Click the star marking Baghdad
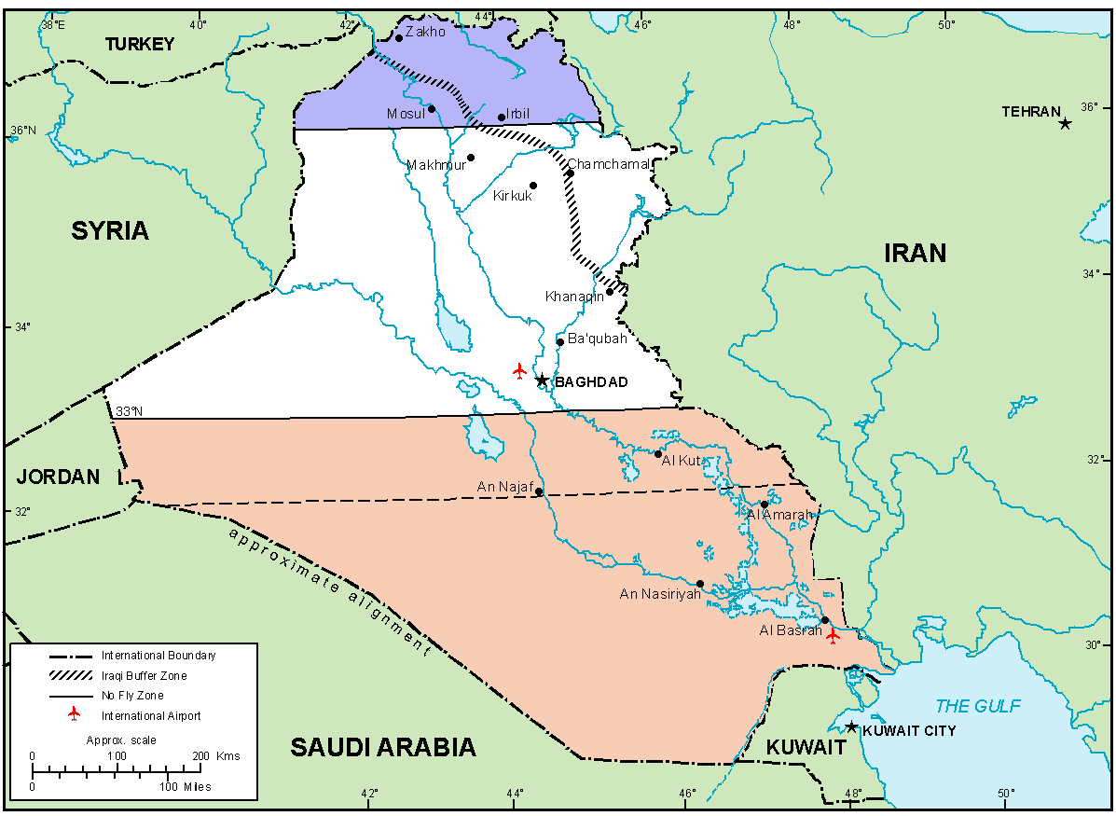(542, 380)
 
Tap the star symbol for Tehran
(1066, 123)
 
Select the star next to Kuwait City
(851, 726)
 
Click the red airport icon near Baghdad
(520, 371)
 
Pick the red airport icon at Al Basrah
(833, 635)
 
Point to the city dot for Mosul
(432, 109)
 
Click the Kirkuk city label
(513, 196)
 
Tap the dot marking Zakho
(399, 37)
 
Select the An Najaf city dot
(539, 491)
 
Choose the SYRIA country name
(110, 231)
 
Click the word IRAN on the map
(916, 253)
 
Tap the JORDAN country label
(58, 477)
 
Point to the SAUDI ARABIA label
(382, 747)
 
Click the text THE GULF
(978, 706)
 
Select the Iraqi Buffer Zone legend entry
(144, 675)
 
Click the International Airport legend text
(151, 716)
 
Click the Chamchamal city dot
(569, 173)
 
